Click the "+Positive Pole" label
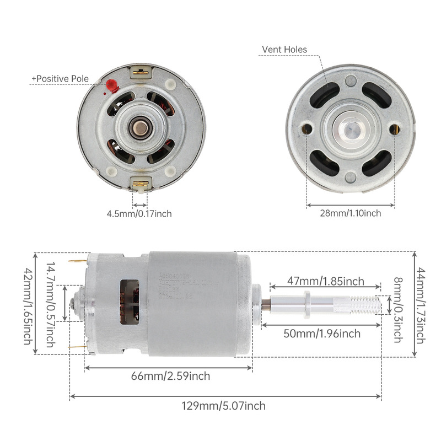click(60, 79)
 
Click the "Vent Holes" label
click(284, 50)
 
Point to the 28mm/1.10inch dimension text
click(351, 213)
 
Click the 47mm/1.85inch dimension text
click(325, 281)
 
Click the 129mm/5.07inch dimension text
click(224, 406)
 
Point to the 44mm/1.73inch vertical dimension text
click(421, 304)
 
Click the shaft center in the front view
click(351, 130)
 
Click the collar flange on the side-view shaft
click(306, 303)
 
